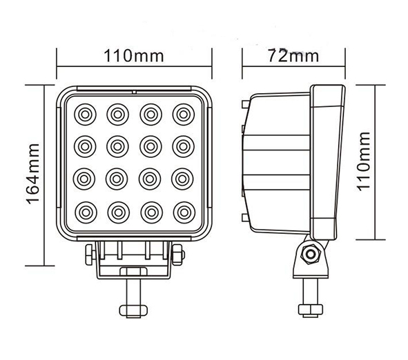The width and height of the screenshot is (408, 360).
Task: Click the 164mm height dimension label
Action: click(33, 174)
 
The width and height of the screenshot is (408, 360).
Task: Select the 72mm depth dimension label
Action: click(293, 56)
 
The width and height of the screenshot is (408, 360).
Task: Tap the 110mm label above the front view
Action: click(134, 56)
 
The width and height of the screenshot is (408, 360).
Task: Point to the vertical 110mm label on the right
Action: click(364, 161)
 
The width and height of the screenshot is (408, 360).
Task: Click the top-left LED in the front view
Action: click(85, 114)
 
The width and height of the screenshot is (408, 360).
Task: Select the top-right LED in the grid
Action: click(184, 114)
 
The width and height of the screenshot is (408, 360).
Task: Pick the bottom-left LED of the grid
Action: click(86, 212)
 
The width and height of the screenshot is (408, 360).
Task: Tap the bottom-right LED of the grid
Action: click(184, 212)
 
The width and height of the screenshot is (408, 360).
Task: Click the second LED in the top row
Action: click(117, 114)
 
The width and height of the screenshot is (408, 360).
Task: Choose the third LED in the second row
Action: click(150, 147)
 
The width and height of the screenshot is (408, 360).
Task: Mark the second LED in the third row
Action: click(117, 179)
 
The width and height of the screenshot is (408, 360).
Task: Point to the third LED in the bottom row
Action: click(152, 212)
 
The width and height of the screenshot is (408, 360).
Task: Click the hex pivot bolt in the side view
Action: click(311, 253)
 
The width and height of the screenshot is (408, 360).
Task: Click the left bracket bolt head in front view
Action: click(90, 254)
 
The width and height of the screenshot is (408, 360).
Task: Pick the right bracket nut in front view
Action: click(178, 254)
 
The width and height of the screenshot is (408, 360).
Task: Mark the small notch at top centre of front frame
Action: click(134, 92)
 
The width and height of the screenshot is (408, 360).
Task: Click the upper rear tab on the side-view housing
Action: click(244, 104)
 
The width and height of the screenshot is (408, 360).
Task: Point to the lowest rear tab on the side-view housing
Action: click(245, 217)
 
